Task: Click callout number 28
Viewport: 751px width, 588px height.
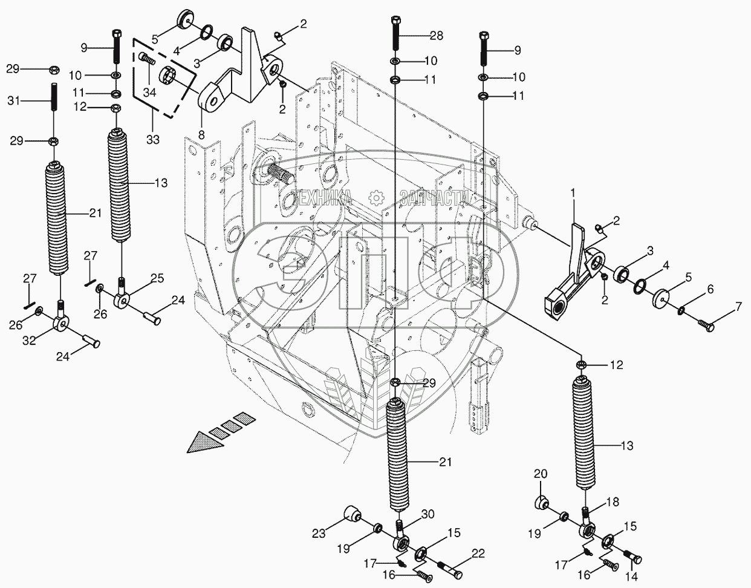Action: [x=436, y=36]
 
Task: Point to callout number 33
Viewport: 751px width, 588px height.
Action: [x=152, y=139]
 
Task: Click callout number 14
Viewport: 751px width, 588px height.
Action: [x=632, y=577]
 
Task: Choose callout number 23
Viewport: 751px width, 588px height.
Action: [x=319, y=534]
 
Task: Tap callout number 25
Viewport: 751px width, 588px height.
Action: [x=157, y=278]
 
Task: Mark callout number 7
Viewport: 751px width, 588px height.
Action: [x=738, y=307]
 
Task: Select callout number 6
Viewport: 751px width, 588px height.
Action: [x=710, y=290]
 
